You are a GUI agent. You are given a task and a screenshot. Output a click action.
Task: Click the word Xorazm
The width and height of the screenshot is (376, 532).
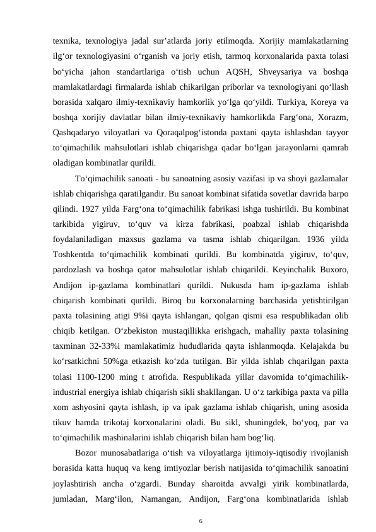coord(332,118)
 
